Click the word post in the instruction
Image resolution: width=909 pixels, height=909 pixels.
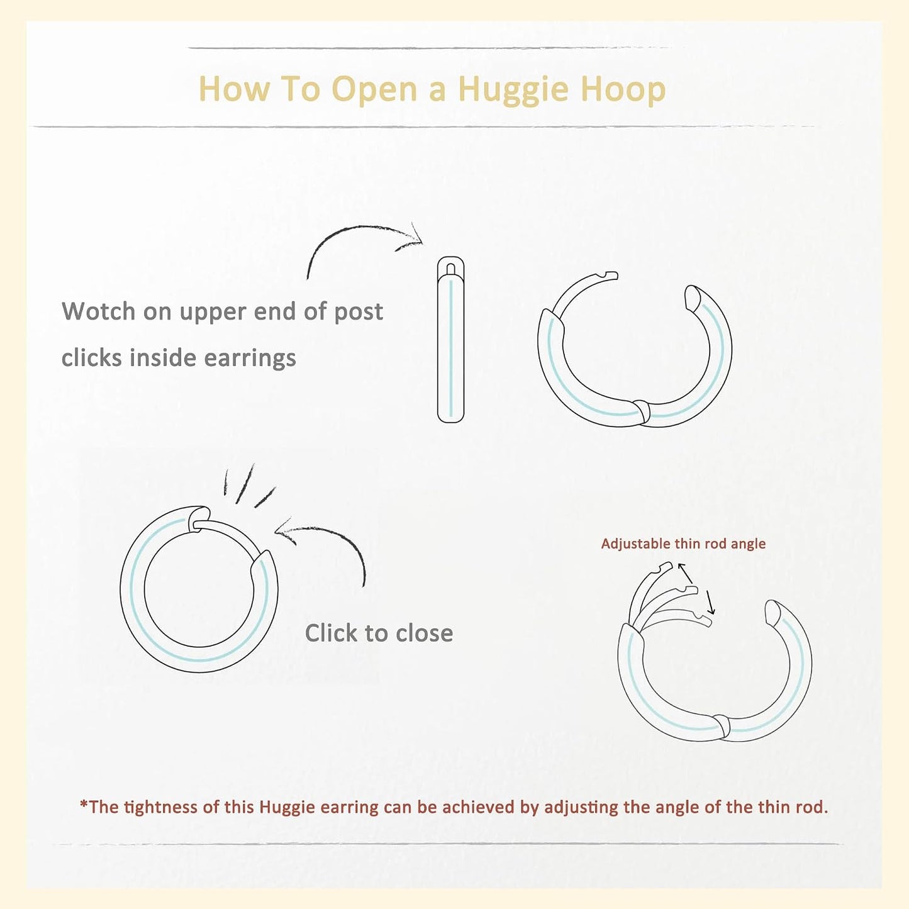[x=359, y=312]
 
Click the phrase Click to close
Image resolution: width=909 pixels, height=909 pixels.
[x=379, y=633]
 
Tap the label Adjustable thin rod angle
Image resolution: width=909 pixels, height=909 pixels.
[x=683, y=544]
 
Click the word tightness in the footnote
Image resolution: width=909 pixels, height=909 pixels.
[x=161, y=807]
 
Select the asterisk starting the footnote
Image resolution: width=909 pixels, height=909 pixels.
[x=84, y=804]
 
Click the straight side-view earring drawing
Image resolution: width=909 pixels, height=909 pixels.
[x=450, y=339]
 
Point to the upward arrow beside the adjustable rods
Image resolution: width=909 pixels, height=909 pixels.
[x=685, y=572]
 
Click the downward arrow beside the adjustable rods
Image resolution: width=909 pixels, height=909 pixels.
[x=710, y=602]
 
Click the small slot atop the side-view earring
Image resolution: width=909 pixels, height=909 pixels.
[x=451, y=269]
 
